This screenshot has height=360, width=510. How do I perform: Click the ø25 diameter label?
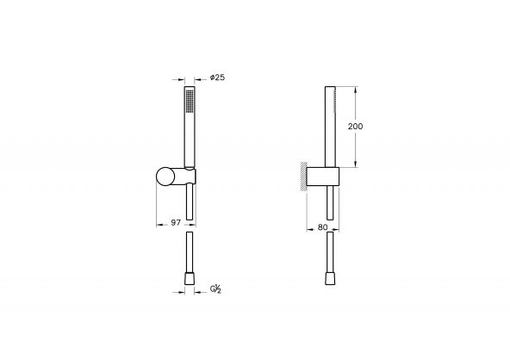(218, 78)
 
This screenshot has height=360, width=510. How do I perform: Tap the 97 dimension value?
(175, 222)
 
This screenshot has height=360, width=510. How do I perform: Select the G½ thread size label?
(215, 290)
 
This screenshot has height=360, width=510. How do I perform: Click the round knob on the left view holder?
(165, 177)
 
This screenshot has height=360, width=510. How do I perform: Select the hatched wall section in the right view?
(302, 176)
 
